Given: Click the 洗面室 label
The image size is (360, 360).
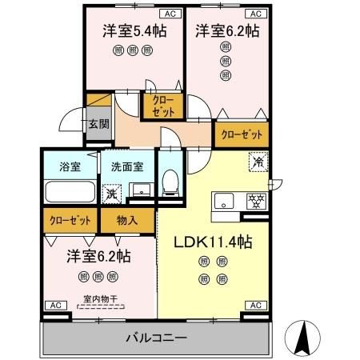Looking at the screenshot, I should pyautogui.click(x=127, y=167).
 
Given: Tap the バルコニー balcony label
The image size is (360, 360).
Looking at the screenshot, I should pyautogui.click(x=156, y=337).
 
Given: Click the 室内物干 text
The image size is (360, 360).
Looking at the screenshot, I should pyautogui.click(x=98, y=301).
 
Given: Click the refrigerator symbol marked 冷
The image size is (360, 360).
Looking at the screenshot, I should pyautogui.click(x=258, y=161).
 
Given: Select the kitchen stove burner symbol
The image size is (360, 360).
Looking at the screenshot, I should pyautogui.click(x=255, y=201).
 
